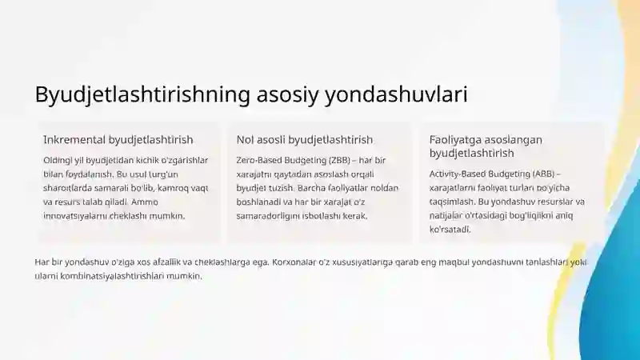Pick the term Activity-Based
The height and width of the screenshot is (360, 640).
(456, 174)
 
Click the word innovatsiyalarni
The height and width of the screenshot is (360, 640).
(73, 215)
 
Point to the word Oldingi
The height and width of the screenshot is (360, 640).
(58, 160)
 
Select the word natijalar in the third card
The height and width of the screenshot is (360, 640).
(447, 215)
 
